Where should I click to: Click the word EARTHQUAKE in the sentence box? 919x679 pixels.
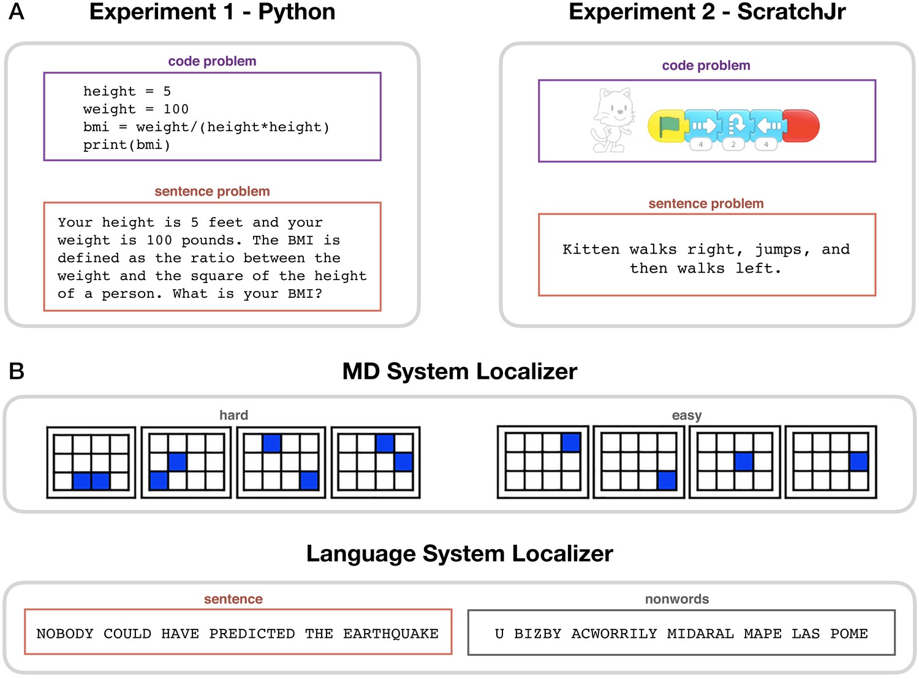[x=390, y=634]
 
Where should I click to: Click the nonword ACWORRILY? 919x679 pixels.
[x=614, y=634]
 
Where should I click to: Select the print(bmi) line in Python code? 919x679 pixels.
[x=127, y=145]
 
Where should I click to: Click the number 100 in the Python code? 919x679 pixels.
[x=176, y=109]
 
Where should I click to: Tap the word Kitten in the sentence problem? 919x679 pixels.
[x=591, y=249]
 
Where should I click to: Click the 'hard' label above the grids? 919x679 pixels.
[x=233, y=415]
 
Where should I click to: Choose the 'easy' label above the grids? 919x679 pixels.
[x=686, y=415]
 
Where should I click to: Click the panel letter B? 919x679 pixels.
[x=17, y=371]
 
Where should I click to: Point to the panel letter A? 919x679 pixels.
[x=17, y=12]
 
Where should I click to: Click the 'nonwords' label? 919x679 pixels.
[x=676, y=599]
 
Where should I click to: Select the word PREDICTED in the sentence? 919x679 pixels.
[x=252, y=634]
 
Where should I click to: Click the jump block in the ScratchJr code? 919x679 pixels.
[x=735, y=126]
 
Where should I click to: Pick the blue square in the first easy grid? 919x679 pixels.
[x=570, y=442]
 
